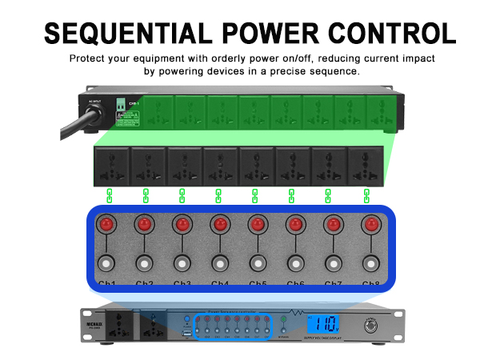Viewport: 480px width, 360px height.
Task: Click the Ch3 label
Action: pyautogui.click(x=182, y=284)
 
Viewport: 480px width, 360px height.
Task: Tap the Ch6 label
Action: pyautogui.click(x=295, y=284)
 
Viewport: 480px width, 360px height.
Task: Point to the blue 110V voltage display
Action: pyautogui.click(x=326, y=325)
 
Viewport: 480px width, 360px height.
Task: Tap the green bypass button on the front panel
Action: pyautogui.click(x=282, y=322)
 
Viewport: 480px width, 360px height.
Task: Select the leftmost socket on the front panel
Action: pyautogui.click(x=108, y=326)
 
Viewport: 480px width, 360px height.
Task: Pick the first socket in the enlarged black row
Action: pyautogui.click(x=113, y=165)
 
